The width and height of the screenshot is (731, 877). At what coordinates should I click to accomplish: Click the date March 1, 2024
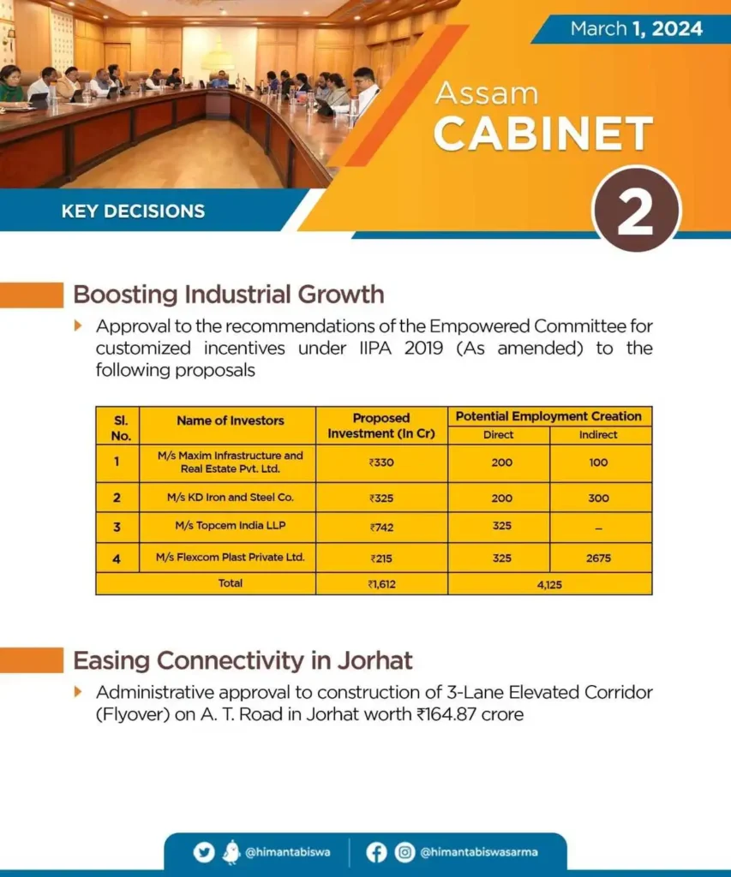[636, 28]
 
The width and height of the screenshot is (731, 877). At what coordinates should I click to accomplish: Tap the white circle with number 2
[636, 211]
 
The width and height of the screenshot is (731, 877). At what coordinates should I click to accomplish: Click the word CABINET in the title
[542, 134]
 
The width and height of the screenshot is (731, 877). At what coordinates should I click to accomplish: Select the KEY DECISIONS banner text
[133, 211]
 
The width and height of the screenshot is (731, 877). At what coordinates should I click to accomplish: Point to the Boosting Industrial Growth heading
[228, 295]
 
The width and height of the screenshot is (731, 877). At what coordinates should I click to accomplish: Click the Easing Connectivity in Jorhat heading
[243, 660]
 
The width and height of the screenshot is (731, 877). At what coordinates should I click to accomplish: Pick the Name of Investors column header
[230, 421]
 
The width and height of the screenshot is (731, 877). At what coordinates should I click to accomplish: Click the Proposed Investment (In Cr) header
[381, 426]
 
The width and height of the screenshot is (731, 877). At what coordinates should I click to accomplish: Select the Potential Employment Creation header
[548, 416]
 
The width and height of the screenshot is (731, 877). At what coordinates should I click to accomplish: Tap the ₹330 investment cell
[381, 462]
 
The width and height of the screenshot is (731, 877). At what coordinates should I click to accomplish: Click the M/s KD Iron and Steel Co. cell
[230, 498]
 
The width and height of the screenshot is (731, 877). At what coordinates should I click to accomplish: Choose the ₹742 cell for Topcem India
[381, 526]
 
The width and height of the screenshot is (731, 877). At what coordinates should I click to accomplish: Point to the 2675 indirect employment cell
[599, 558]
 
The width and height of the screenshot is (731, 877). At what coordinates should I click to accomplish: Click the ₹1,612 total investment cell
[381, 583]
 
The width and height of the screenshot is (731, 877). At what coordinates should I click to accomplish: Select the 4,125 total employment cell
[548, 583]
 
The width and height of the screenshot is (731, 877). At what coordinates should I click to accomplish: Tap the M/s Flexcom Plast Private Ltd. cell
[230, 558]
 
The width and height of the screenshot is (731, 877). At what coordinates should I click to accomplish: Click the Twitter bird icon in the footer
[204, 852]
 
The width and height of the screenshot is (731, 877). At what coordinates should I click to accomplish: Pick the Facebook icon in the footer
[376, 852]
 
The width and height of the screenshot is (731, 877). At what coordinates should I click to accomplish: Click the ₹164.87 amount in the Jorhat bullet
[450, 713]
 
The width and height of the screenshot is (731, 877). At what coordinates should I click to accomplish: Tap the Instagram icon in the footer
[404, 852]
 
